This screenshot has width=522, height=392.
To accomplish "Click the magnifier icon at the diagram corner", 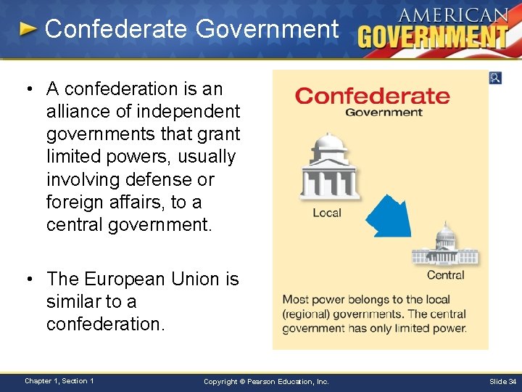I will [x=495, y=78].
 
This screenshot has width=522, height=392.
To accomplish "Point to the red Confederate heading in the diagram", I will [x=373, y=96].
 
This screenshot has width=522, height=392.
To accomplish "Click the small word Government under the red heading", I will [x=384, y=113].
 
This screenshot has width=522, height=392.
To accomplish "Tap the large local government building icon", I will [x=328, y=168].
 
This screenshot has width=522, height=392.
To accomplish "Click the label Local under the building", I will [x=327, y=213].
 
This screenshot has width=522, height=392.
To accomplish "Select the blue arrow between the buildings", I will [x=387, y=216].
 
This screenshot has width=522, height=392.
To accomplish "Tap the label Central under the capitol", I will [x=446, y=275].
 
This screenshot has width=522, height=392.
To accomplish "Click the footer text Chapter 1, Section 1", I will [x=59, y=381].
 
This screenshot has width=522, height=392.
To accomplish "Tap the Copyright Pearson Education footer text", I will [x=266, y=381].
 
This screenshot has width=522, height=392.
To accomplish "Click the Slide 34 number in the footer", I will [x=502, y=381].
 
